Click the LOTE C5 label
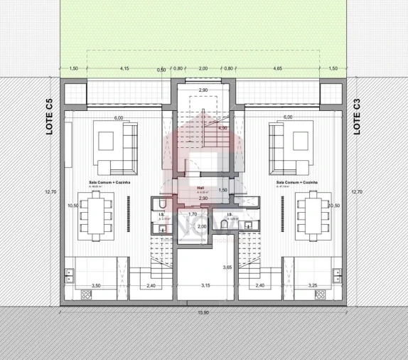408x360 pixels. click(49, 116)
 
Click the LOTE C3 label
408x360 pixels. click(358, 116)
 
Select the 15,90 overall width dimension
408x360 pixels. click(204, 312)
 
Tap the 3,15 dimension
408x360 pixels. click(205, 286)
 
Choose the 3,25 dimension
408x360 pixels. click(312, 286)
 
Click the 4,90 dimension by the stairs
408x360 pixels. click(222, 129)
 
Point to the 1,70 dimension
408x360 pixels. click(192, 213)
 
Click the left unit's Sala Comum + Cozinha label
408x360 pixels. click(103, 182)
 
